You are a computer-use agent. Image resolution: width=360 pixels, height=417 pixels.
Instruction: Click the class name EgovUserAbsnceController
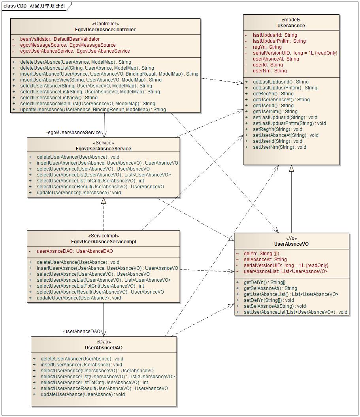coord(105,30)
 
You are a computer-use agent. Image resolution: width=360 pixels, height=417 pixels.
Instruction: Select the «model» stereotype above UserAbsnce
coord(291,20)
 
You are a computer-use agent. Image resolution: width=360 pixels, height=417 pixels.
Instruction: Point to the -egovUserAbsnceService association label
coord(74,133)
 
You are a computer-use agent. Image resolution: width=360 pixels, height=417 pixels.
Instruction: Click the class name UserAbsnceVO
coord(291,244)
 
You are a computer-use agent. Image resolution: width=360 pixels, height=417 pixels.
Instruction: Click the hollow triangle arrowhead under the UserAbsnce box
coord(291,168)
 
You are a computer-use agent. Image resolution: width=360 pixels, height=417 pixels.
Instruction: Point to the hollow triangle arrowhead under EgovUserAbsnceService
coord(104,200)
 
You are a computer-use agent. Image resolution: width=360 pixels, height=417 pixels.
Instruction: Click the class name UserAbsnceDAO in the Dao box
coord(104,348)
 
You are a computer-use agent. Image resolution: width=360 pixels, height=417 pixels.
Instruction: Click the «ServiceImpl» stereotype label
coord(104,236)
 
